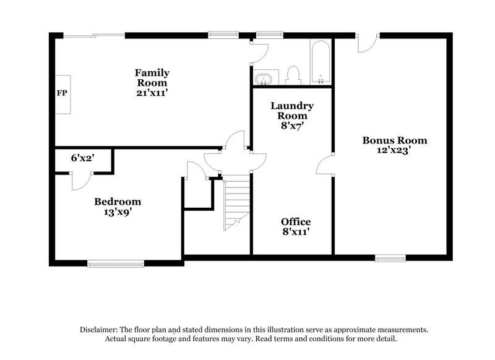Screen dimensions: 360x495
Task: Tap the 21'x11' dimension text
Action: pos(152,93)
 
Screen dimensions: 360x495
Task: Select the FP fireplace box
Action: pos(62,93)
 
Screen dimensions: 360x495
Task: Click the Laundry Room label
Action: pos(292,110)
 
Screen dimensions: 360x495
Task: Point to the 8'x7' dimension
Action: pos(292,125)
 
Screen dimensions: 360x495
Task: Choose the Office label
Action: pos(296,221)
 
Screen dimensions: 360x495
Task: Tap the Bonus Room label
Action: pos(395,140)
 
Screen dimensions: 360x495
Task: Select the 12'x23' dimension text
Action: pos(395,150)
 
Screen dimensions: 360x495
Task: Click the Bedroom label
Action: pos(118,202)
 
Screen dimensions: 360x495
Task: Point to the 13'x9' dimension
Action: pos(118,212)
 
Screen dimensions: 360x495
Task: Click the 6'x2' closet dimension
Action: pos(82,158)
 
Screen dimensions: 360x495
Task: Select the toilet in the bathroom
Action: pos(294,75)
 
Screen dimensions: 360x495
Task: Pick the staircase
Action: pos(235,201)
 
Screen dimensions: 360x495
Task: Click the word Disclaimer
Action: pos(100,330)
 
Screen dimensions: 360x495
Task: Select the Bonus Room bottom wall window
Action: pos(391,256)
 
